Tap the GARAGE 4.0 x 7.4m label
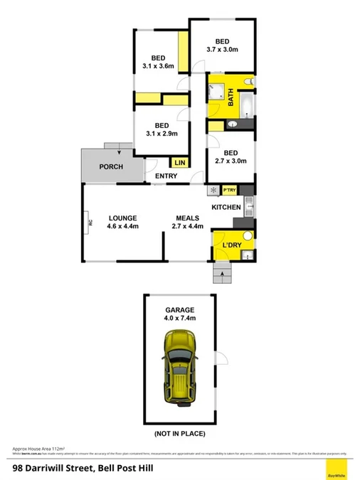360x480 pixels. tap(181, 314)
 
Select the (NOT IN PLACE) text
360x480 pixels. tap(181, 433)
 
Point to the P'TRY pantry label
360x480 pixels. tap(229, 191)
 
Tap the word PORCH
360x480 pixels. tap(111, 167)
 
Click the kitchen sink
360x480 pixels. tap(249, 208)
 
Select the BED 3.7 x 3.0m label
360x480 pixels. tap(222, 44)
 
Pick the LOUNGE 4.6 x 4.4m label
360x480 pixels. tap(122, 222)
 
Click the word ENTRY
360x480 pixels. tap(166, 176)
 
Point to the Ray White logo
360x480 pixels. tap(336, 469)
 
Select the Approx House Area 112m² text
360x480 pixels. tap(39, 449)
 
